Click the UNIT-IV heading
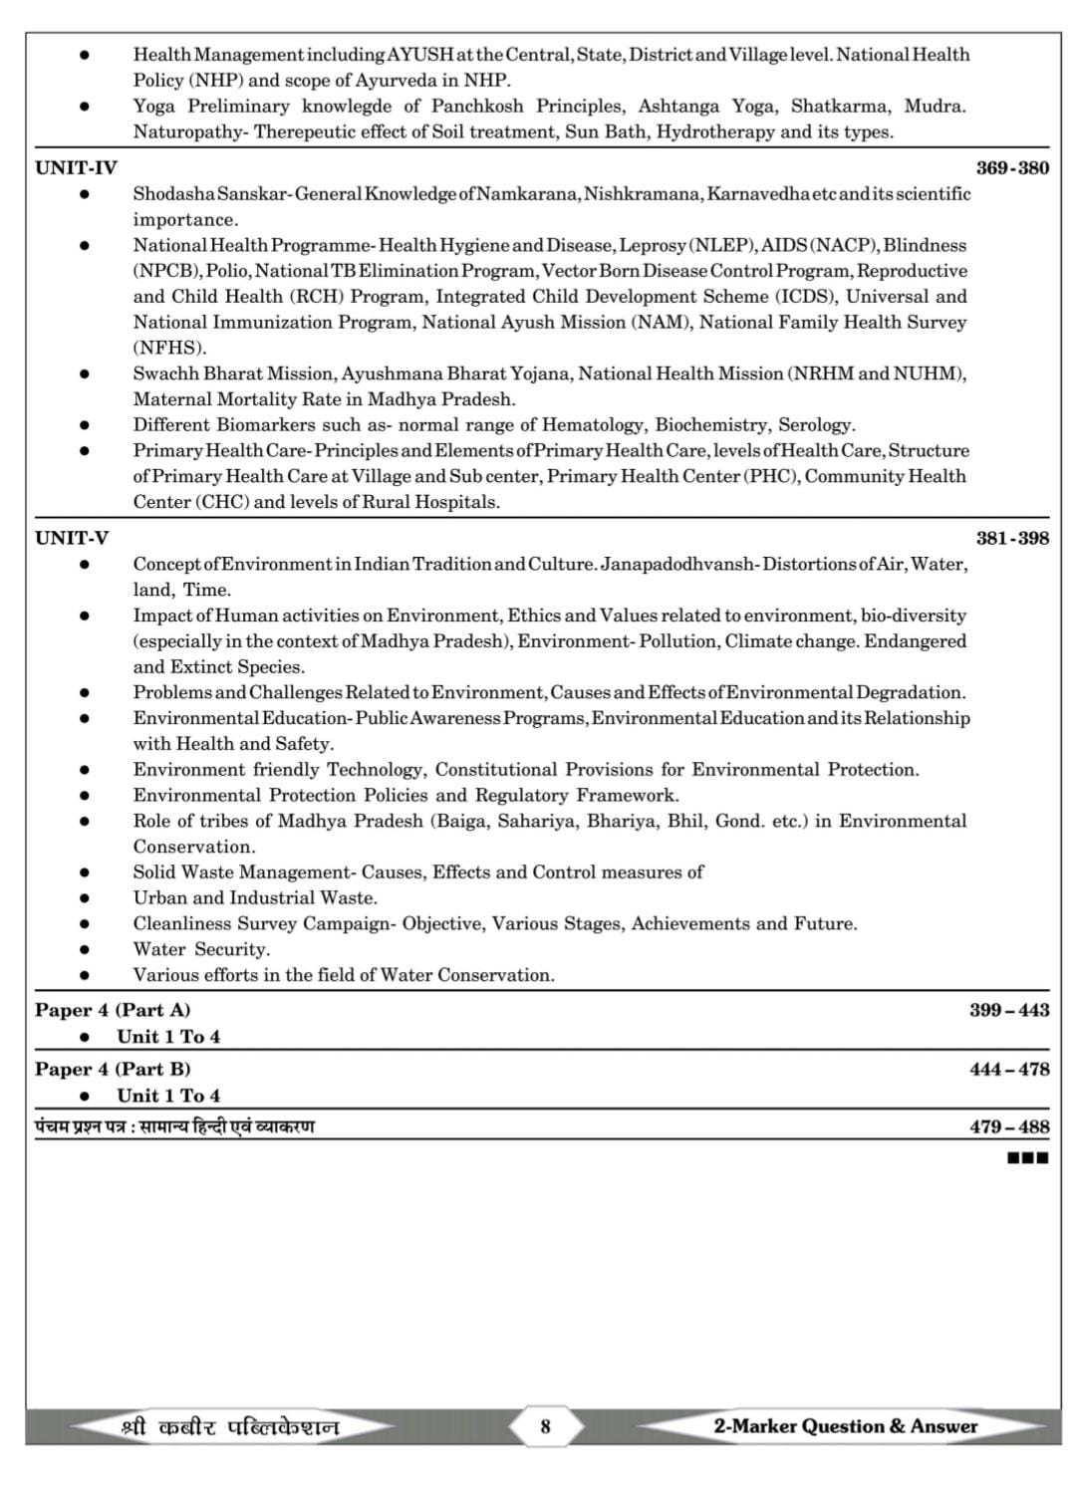pos(76,167)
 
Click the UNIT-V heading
pos(72,538)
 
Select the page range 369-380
pos(1012,167)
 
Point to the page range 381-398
pos(1012,538)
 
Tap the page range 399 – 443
pos(1008,1010)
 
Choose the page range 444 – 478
pos(1008,1069)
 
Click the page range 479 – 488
pos(1008,1126)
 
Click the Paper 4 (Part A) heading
pos(113,1010)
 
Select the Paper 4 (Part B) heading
pos(113,1069)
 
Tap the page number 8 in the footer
pos(545,1426)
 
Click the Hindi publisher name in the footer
pos(230,1427)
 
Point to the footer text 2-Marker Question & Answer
pos(845,1426)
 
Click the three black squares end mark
pos(1028,1157)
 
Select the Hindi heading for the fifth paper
pos(174,1126)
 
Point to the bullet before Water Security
pos(85,949)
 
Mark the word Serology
pos(816,424)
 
